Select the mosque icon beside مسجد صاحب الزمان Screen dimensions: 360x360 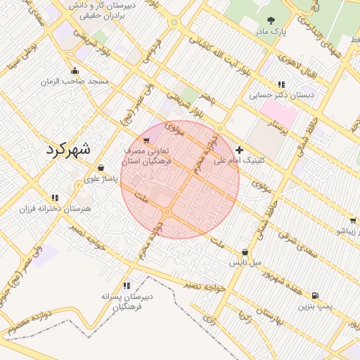coord(75,70)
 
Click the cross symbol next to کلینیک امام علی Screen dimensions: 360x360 coord(240,150)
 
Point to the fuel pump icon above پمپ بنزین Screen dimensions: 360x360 coord(314,295)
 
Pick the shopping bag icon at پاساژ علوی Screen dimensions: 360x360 coord(101,168)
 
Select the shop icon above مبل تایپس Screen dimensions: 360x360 coord(245,252)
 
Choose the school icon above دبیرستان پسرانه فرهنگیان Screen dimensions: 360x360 coord(127,285)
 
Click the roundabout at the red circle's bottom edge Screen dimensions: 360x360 coord(168,212)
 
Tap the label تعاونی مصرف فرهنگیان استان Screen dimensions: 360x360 coord(147,156)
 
